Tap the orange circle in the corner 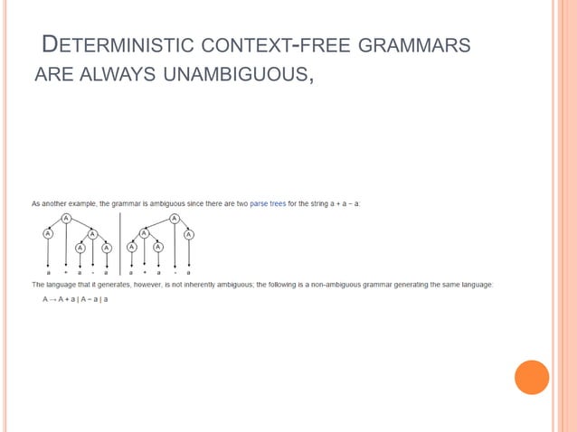click(532, 377)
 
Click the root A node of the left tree click(66, 219)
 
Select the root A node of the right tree click(173, 219)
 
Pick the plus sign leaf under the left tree click(65, 271)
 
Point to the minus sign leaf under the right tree click(174, 271)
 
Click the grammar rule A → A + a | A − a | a click(75, 298)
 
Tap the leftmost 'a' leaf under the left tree click(48, 271)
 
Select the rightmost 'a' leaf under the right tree click(189, 271)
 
